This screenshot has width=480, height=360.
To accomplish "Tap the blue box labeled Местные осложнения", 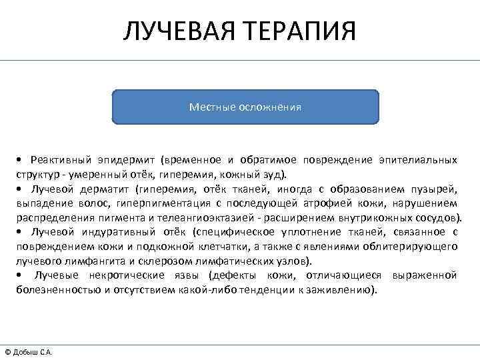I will [245, 107].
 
